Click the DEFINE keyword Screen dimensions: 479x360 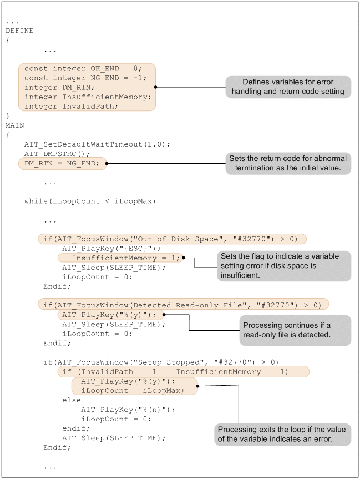coord(19,31)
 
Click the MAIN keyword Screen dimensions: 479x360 coord(15,125)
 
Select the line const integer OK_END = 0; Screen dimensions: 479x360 coord(83,69)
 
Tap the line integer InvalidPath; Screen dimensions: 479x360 coord(71,106)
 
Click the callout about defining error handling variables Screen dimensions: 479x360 coord(288,87)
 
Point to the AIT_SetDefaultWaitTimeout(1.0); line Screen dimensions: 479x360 coord(97,144)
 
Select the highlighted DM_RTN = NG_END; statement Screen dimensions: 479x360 coord(62,163)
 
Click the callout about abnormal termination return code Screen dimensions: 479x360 coord(288,163)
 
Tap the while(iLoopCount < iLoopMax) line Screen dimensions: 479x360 coord(90,201)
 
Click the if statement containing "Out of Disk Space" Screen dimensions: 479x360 coord(172,239)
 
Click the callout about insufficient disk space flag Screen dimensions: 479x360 coord(285,266)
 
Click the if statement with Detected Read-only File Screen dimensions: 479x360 coord(183,304)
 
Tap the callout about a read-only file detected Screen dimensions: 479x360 coord(295,329)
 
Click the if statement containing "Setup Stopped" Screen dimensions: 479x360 coord(161,362)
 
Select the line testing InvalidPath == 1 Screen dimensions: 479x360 coord(183,371)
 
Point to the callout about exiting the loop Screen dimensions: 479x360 coord(282,435)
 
